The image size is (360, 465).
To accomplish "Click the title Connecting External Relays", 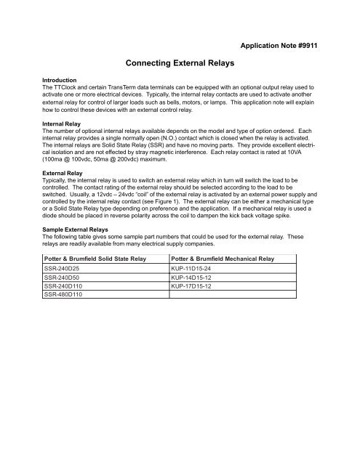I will (180, 63).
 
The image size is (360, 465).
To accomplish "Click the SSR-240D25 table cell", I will (64, 288).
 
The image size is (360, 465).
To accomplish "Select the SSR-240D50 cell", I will (64, 298).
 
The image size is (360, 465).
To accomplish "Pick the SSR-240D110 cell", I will (65, 307).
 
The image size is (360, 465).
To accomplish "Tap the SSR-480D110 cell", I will (65, 317).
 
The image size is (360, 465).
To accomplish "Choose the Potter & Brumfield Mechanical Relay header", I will (223, 278).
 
